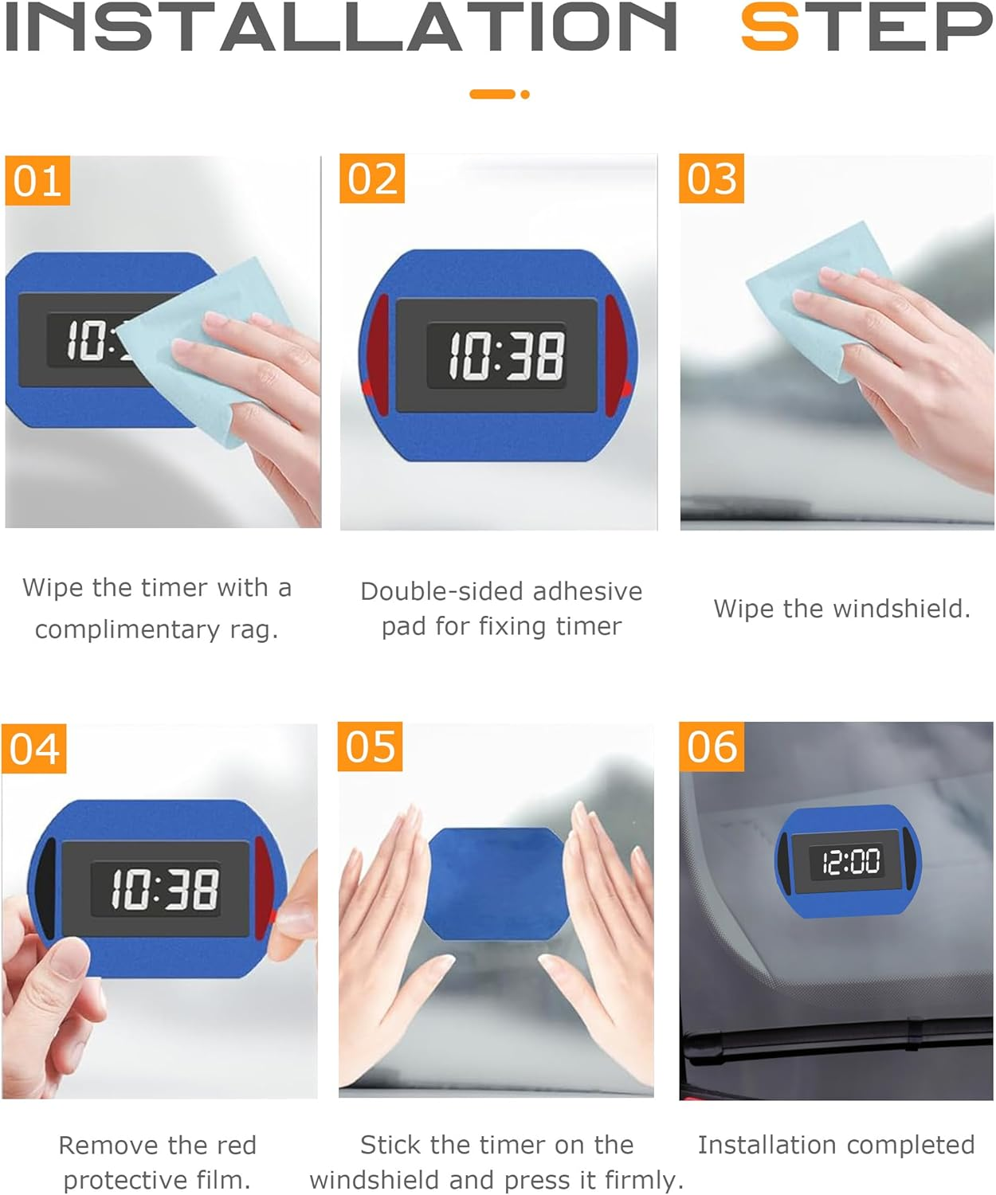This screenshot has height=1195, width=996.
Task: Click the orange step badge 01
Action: tap(37, 181)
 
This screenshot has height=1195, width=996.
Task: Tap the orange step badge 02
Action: tap(372, 178)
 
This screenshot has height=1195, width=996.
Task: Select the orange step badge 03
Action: tap(712, 178)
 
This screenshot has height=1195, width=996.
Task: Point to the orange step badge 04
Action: tap(34, 749)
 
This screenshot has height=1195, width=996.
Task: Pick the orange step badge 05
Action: tap(371, 746)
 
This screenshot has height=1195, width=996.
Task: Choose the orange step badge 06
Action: tap(712, 746)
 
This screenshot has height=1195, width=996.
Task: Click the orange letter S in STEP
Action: tap(770, 27)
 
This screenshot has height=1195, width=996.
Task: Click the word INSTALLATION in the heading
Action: tap(341, 27)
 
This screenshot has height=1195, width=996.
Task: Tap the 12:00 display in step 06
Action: tap(850, 862)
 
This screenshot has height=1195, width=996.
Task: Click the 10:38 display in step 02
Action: tap(505, 355)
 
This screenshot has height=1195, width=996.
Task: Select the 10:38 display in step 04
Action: tap(164, 889)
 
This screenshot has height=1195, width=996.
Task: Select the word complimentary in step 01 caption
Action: tap(127, 629)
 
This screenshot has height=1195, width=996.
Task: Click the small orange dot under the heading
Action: tap(524, 94)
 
